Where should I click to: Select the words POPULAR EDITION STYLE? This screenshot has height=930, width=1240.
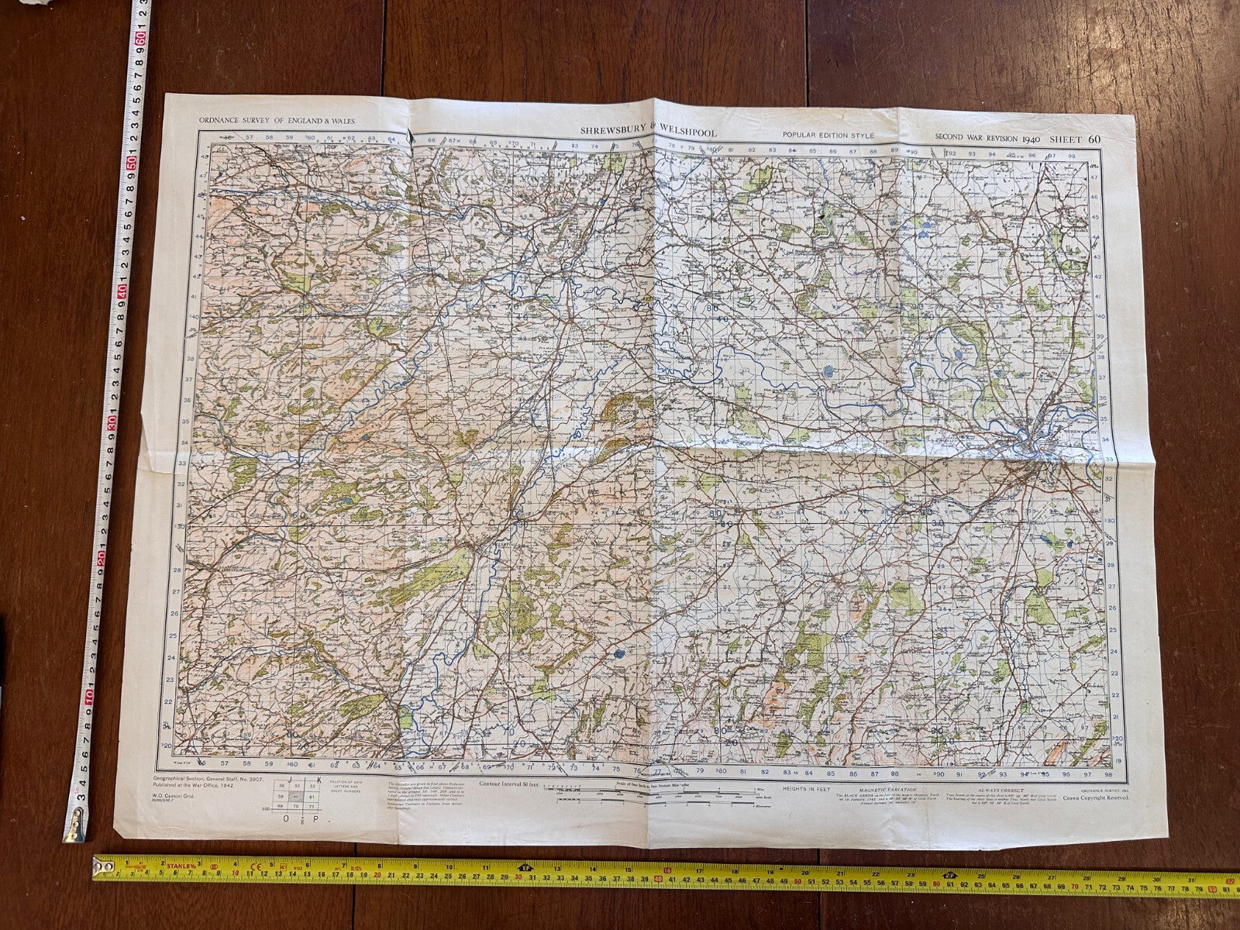click(828, 136)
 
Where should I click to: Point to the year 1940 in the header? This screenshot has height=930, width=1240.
click(1030, 138)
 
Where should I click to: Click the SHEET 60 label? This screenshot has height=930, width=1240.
click(1074, 139)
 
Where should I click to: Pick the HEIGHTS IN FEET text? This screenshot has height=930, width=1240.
click(788, 789)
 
